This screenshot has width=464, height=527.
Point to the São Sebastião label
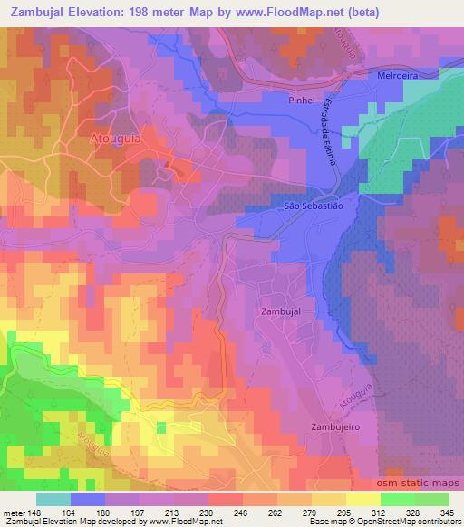tap(314, 206)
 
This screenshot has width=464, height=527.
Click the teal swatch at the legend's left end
tap(53, 499)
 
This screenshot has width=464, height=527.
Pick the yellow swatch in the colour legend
tap(362, 499)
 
